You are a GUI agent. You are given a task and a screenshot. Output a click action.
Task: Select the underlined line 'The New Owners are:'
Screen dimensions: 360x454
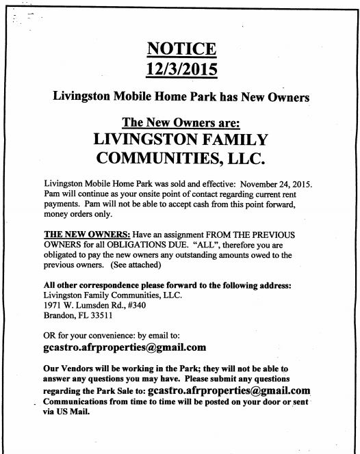coord(180,123)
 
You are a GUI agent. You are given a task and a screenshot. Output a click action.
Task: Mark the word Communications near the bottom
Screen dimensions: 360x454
coord(79,402)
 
